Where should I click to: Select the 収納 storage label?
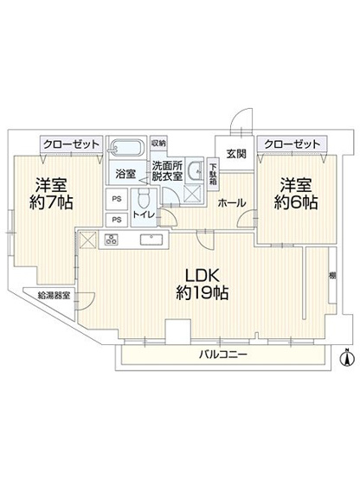(x=158, y=144)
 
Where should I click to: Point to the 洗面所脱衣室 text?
(x=167, y=170)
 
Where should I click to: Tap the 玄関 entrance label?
(x=235, y=154)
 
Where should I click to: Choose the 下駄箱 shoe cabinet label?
(x=213, y=182)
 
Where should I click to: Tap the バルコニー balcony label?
(x=224, y=355)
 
